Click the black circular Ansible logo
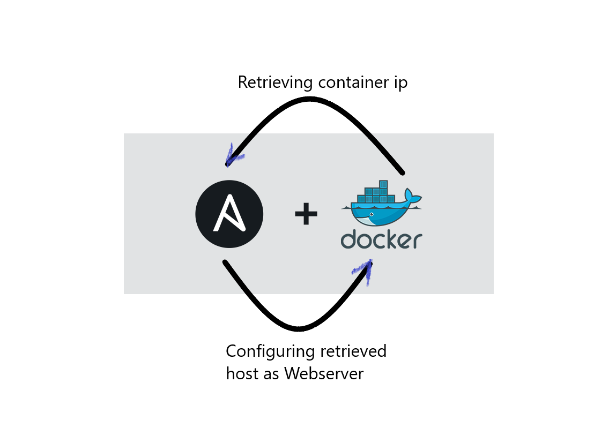(x=229, y=214)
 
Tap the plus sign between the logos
(x=306, y=215)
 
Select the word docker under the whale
(x=381, y=239)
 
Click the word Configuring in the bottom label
(x=270, y=352)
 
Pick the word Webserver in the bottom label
(x=324, y=373)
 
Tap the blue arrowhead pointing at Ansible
(x=232, y=155)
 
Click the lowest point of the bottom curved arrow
(x=298, y=328)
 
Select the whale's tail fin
(x=413, y=196)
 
